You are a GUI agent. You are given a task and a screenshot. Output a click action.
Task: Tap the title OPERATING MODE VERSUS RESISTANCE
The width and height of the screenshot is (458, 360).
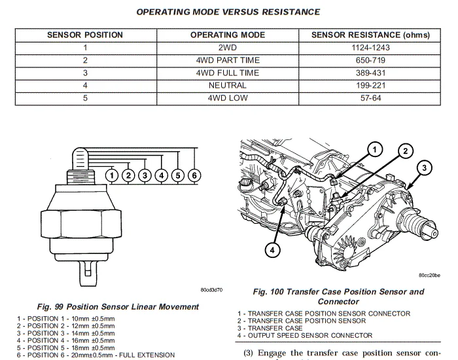[228, 12]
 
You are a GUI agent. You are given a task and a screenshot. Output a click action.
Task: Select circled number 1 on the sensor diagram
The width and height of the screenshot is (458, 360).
[113, 175]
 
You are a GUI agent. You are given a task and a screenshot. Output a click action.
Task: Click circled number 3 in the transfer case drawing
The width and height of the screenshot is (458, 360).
[423, 168]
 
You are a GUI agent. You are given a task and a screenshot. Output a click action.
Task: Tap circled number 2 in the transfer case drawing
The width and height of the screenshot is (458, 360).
[406, 151]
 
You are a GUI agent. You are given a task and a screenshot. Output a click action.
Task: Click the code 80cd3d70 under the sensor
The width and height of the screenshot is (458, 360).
[212, 289]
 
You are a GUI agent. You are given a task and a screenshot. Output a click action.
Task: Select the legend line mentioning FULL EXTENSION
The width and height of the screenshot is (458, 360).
[96, 355]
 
